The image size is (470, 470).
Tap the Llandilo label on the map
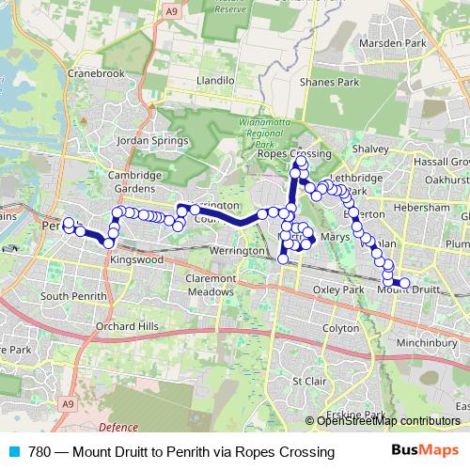(x=214, y=82)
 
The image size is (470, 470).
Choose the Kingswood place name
(x=136, y=258)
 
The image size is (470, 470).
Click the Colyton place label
(x=340, y=329)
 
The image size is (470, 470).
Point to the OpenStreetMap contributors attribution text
(x=388, y=421)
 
